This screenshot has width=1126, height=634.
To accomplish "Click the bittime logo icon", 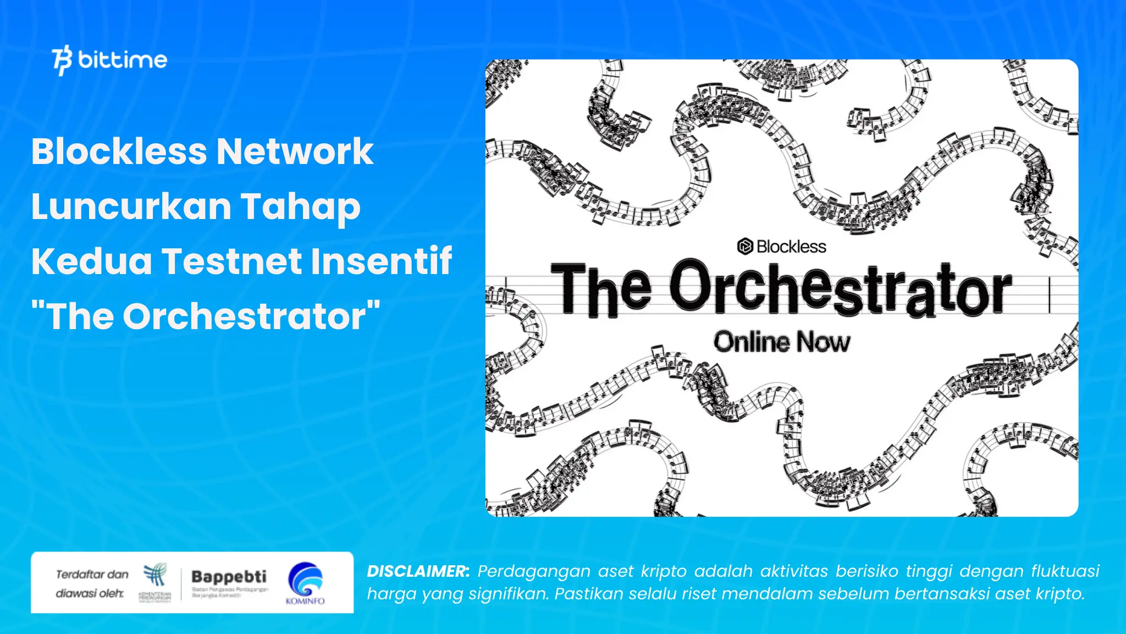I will pos(62,60).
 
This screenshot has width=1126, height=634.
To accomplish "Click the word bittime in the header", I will pos(123,59).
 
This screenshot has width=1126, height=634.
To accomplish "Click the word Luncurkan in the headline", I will pos(130,206).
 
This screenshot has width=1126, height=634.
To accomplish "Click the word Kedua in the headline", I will pos(91,261).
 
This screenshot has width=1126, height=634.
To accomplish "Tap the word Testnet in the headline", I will pos(230,261).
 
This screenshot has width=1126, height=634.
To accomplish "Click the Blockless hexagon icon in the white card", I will pos(744,247).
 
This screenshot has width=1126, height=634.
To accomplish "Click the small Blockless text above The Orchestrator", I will pos(791,247).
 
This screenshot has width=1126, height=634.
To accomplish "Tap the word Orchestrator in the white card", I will pos(840,289).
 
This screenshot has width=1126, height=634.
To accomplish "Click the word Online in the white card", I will pos(752,342).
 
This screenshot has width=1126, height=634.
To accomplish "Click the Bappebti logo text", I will pos(229,577).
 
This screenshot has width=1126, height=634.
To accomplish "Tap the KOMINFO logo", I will pos(305,583).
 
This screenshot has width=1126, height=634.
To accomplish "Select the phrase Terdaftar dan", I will pos(92,575).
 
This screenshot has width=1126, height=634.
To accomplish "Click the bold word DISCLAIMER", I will pos(418,571).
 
